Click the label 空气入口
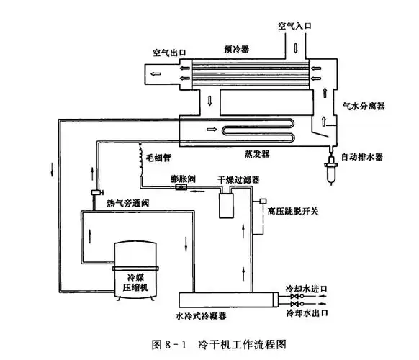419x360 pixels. (x=295, y=26)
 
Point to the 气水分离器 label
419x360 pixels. (x=364, y=105)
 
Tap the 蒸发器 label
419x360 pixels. (x=256, y=153)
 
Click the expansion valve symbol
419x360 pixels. (x=182, y=187)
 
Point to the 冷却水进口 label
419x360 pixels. (x=307, y=289)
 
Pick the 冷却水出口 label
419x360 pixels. (x=307, y=314)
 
